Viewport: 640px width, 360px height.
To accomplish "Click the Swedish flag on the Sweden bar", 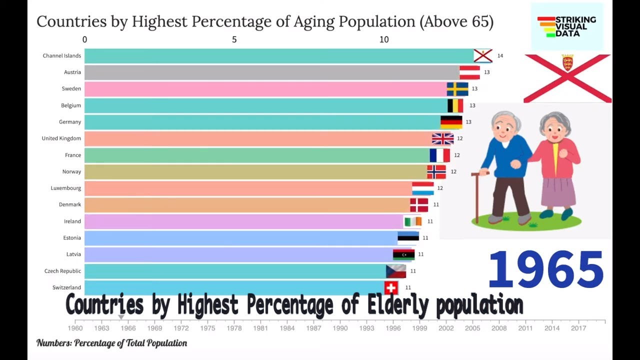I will coord(457,89).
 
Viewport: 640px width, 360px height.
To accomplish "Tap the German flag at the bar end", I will coord(451,122).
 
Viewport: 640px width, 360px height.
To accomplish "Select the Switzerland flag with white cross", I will coord(391,287).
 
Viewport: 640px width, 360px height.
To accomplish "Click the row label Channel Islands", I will coord(61,56).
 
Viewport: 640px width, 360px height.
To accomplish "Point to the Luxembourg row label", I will coord(65,188).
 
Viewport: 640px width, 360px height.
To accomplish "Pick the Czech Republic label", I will coord(62,271).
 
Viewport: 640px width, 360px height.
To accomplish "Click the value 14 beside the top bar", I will coord(500,56).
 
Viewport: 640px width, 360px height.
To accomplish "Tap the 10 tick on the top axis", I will coord(383,39).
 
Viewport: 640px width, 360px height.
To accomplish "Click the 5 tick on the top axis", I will coord(234,39).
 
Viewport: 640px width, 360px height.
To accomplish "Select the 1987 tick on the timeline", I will coord(313,328).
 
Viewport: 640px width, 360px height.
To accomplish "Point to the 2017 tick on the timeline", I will coord(578,328).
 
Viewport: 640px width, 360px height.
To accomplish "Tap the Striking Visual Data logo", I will coord(566,26).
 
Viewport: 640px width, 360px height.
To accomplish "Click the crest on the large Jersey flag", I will coord(567,63).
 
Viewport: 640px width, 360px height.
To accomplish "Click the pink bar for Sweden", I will coord(265,89).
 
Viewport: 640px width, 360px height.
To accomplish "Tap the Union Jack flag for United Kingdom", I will coord(442,138).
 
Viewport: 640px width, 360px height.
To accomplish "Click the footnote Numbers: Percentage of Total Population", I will coord(111,343).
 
